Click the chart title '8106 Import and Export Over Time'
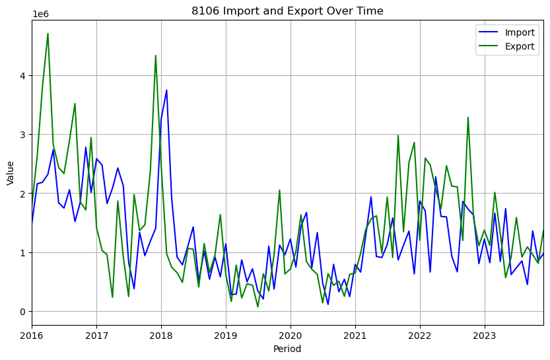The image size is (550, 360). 287,11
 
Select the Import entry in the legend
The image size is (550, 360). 519,32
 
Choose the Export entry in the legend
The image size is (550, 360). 519,47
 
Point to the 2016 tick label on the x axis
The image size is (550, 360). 32,335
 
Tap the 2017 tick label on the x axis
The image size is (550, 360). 96,335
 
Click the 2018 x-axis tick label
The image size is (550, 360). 161,335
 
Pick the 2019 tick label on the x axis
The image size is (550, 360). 226,335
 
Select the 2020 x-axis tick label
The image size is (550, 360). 291,335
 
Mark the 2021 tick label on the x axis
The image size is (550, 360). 355,335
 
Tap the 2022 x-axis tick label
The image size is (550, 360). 420,335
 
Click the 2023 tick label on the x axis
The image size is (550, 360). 485,335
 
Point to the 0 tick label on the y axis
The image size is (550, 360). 22,312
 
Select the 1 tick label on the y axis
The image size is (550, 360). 22,253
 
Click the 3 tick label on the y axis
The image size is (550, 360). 22,135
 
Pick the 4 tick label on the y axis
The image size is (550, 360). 22,76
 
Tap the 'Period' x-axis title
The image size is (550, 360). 287,349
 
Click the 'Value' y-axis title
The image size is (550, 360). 10,172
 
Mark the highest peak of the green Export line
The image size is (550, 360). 48,33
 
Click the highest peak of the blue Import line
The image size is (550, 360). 166,90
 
